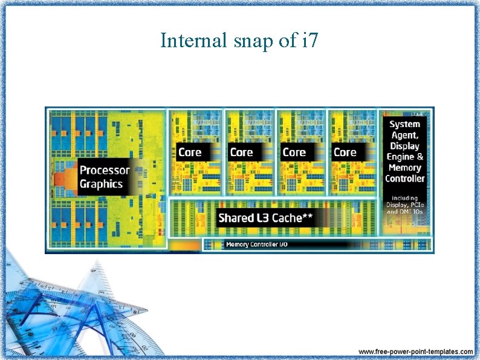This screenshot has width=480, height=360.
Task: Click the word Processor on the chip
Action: coord(105,171)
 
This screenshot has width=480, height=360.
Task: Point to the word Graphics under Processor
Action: coord(101,185)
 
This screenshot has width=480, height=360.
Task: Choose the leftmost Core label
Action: coord(190,152)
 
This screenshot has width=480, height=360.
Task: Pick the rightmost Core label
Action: coord(345,152)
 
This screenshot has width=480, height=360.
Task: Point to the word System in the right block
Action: coord(404,124)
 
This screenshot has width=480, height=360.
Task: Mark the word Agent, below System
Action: coord(404,135)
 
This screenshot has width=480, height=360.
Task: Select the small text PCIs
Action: coord(415,205)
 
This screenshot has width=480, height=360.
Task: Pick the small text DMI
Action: coord(404,212)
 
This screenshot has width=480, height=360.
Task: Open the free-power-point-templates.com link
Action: coord(416,352)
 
